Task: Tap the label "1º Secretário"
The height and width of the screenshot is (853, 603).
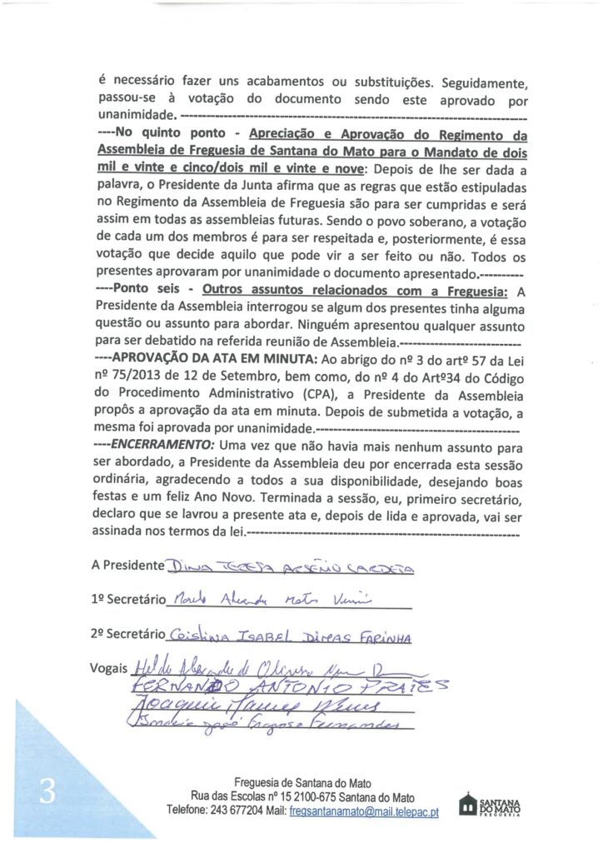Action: [x=129, y=599]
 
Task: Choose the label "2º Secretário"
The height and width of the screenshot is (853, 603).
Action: [x=129, y=634]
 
